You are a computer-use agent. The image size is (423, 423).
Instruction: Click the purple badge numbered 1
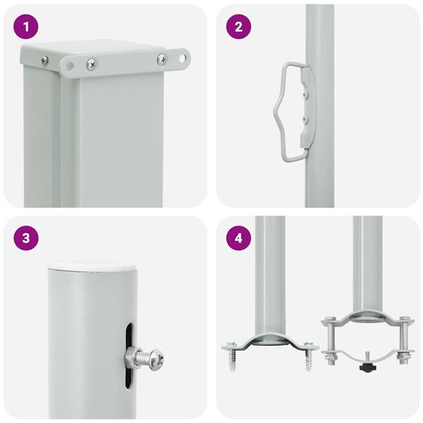click(x=26, y=27)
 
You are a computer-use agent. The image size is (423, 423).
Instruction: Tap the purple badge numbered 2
click(x=238, y=27)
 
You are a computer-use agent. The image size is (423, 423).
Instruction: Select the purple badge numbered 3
click(x=26, y=238)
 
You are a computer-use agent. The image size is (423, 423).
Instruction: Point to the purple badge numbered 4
click(x=238, y=238)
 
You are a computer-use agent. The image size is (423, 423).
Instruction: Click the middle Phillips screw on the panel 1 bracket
click(x=92, y=64)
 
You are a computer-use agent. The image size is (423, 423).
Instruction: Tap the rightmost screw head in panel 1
click(x=162, y=59)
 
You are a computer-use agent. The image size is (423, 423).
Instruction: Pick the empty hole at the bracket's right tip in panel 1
click(x=183, y=58)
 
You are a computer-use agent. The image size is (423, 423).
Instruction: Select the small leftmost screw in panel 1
click(x=45, y=61)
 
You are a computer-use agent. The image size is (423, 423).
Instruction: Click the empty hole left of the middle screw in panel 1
click(x=70, y=66)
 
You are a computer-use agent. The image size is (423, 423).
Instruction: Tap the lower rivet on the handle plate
click(x=305, y=118)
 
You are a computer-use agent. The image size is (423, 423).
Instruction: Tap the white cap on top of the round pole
click(x=92, y=266)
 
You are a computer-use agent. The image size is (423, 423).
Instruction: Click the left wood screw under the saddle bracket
click(x=232, y=356)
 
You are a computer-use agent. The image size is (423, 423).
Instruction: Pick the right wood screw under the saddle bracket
click(x=308, y=356)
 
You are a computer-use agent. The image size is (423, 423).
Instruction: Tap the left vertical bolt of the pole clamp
click(x=331, y=341)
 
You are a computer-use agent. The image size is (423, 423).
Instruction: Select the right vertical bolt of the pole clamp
click(x=403, y=341)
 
